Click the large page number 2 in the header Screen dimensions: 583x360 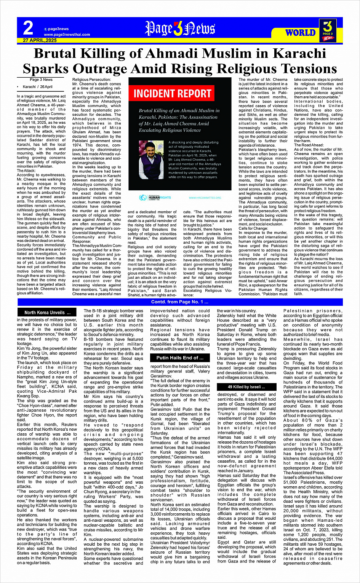[x=28, y=28]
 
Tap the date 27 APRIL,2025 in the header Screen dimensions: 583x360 [x=40, y=40]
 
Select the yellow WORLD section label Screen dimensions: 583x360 [x=300, y=32]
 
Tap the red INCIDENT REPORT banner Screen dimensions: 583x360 [x=173, y=94]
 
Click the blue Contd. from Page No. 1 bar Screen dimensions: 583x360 [x=180, y=302]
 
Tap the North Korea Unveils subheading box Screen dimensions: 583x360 [x=48, y=313]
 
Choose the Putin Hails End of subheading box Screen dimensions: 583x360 [x=180, y=358]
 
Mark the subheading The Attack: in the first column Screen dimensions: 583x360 [x=26, y=171]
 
